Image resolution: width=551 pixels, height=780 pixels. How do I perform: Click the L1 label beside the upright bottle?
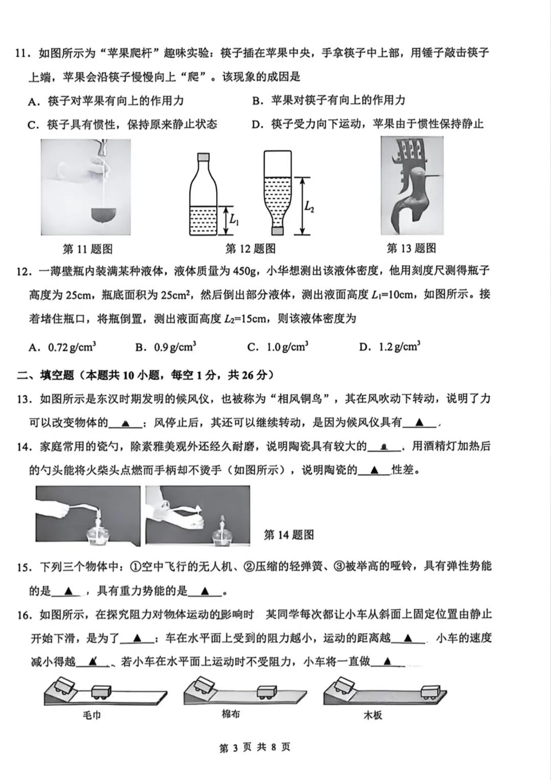pyautogui.click(x=234, y=220)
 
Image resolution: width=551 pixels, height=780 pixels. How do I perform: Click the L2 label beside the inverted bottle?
pyautogui.click(x=309, y=206)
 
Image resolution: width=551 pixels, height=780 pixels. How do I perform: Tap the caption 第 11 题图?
pyautogui.click(x=87, y=249)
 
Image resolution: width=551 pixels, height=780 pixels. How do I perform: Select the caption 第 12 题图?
pyautogui.click(x=251, y=249)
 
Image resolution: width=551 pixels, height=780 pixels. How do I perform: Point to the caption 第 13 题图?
pyautogui.click(x=411, y=248)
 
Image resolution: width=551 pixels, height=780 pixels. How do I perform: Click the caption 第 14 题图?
pyautogui.click(x=289, y=535)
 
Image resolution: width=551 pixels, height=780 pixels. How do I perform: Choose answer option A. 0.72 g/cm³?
pyautogui.click(x=62, y=347)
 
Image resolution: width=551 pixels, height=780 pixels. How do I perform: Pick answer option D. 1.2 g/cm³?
pyautogui.click(x=390, y=347)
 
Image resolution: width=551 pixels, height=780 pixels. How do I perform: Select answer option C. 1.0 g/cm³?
pyautogui.click(x=278, y=347)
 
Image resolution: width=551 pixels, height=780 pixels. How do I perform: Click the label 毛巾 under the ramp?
pyautogui.click(x=92, y=715)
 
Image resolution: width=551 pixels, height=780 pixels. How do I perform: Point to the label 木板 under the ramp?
pyautogui.click(x=372, y=715)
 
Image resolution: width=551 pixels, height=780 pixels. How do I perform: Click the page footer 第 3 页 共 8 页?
pyautogui.click(x=255, y=747)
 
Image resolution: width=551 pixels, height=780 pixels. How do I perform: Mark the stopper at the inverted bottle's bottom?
pyautogui.click(x=278, y=231)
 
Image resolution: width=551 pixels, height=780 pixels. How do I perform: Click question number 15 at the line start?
pyautogui.click(x=22, y=567)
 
